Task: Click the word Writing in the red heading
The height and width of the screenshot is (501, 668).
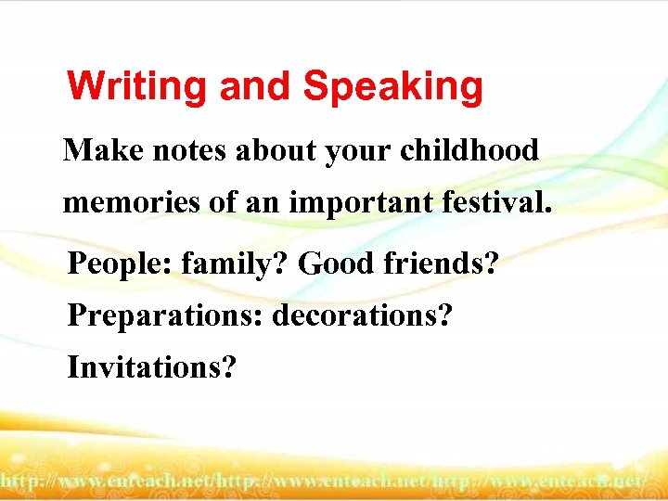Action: click(x=138, y=87)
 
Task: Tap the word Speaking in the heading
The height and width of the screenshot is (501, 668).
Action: click(x=392, y=87)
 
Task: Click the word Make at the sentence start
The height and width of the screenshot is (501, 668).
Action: click(x=98, y=150)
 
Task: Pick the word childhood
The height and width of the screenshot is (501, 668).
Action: click(x=469, y=150)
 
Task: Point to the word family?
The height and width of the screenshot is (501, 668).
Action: click(x=235, y=264)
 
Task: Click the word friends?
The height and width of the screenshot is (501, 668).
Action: click(x=440, y=264)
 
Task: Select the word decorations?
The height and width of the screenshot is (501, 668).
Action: click(x=362, y=315)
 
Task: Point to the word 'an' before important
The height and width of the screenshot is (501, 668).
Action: click(x=263, y=202)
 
